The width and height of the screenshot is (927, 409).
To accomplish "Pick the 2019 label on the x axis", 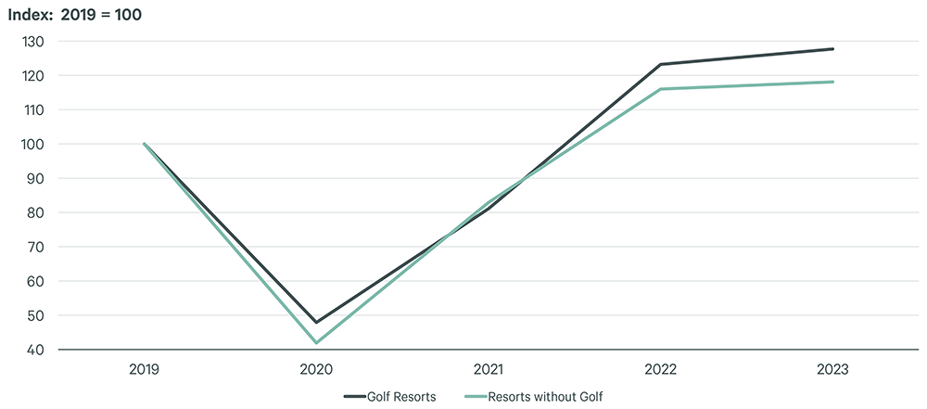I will [145, 369].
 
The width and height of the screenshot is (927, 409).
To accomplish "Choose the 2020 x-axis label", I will [317, 369].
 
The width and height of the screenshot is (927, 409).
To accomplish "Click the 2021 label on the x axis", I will [489, 369].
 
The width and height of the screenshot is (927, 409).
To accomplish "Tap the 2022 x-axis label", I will [661, 369].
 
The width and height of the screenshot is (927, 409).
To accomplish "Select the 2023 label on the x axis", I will [833, 369].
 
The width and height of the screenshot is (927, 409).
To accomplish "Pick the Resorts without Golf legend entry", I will [552, 396].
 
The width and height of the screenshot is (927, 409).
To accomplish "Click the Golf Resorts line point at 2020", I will [317, 323].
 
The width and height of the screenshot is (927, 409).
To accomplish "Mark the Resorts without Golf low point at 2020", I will [317, 343].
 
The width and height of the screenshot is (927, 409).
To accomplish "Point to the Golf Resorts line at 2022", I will [661, 64].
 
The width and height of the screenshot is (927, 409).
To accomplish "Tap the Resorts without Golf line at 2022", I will [661, 89].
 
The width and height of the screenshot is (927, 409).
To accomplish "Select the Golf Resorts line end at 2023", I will [833, 49].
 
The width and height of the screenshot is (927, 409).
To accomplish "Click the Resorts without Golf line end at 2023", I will [833, 82].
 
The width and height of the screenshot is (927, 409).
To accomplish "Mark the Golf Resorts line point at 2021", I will [489, 209].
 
